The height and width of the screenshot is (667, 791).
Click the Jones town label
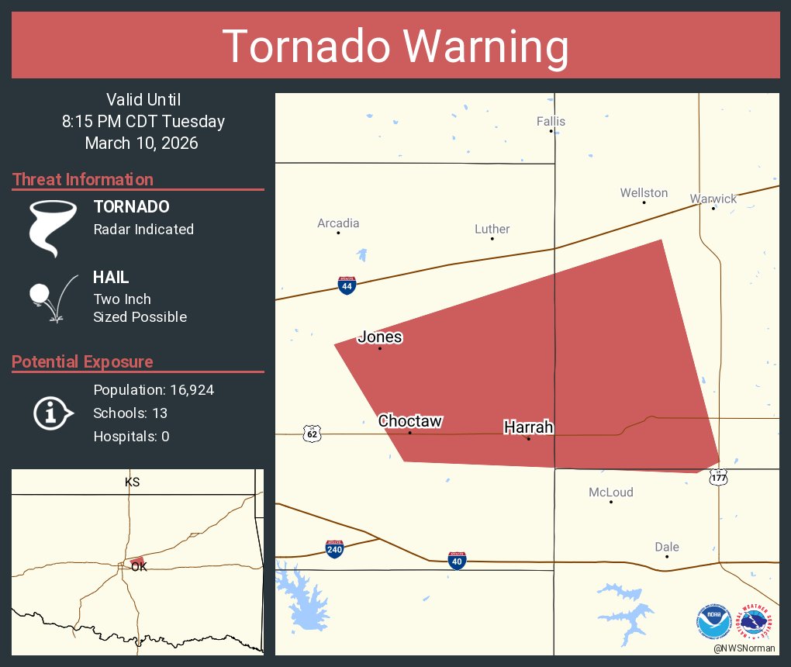coord(380,337)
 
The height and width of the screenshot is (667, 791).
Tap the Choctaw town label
coord(410,421)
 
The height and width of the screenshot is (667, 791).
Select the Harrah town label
coord(529,427)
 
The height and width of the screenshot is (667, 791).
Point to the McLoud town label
coord(611,492)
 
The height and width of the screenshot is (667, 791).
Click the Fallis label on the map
coord(551,121)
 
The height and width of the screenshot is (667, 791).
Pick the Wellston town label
coord(644,192)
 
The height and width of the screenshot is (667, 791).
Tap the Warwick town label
coord(713,199)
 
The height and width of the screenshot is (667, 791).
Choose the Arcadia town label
coord(338,223)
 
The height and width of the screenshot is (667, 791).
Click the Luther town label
coord(492,229)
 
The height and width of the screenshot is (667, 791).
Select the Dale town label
coord(667,547)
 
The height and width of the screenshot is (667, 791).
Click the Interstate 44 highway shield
coord(347,285)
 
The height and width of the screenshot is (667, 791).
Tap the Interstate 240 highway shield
coord(335,549)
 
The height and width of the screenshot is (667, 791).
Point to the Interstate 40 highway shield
coord(458,560)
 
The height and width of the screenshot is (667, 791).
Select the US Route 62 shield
coord(312,433)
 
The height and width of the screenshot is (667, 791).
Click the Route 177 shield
coord(718,477)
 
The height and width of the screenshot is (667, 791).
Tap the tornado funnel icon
coord(52,227)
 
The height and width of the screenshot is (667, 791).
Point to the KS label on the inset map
coord(133,482)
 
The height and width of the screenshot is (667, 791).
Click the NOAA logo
coord(714,622)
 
